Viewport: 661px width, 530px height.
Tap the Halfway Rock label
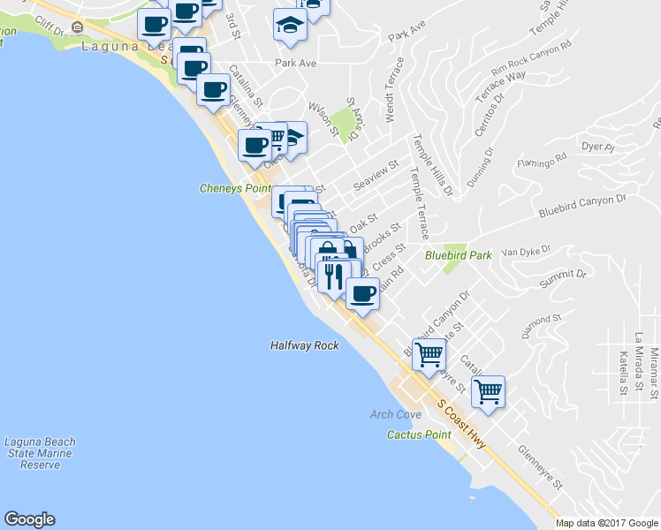pyautogui.click(x=304, y=345)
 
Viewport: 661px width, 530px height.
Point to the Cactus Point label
pyautogui.click(x=419, y=435)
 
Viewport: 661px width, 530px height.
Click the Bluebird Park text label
pyautogui.click(x=458, y=255)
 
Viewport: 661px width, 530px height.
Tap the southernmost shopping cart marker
pyautogui.click(x=488, y=390)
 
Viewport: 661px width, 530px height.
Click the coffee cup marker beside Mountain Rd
pyautogui.click(x=361, y=293)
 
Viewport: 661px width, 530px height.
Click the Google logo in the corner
pyautogui.click(x=29, y=519)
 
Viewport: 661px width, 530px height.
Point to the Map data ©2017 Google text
pyautogui.click(x=606, y=523)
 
